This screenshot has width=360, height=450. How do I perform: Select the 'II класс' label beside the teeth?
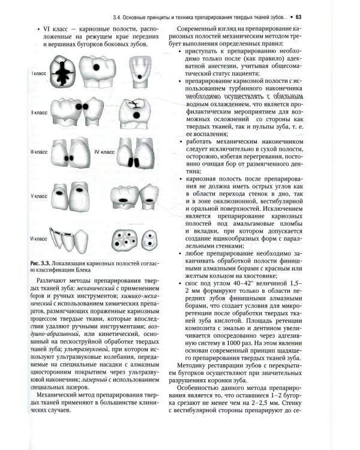[x=40, y=112]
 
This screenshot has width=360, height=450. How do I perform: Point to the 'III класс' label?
[x=40, y=153]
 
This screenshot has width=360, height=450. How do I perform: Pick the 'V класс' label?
[x=40, y=196]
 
